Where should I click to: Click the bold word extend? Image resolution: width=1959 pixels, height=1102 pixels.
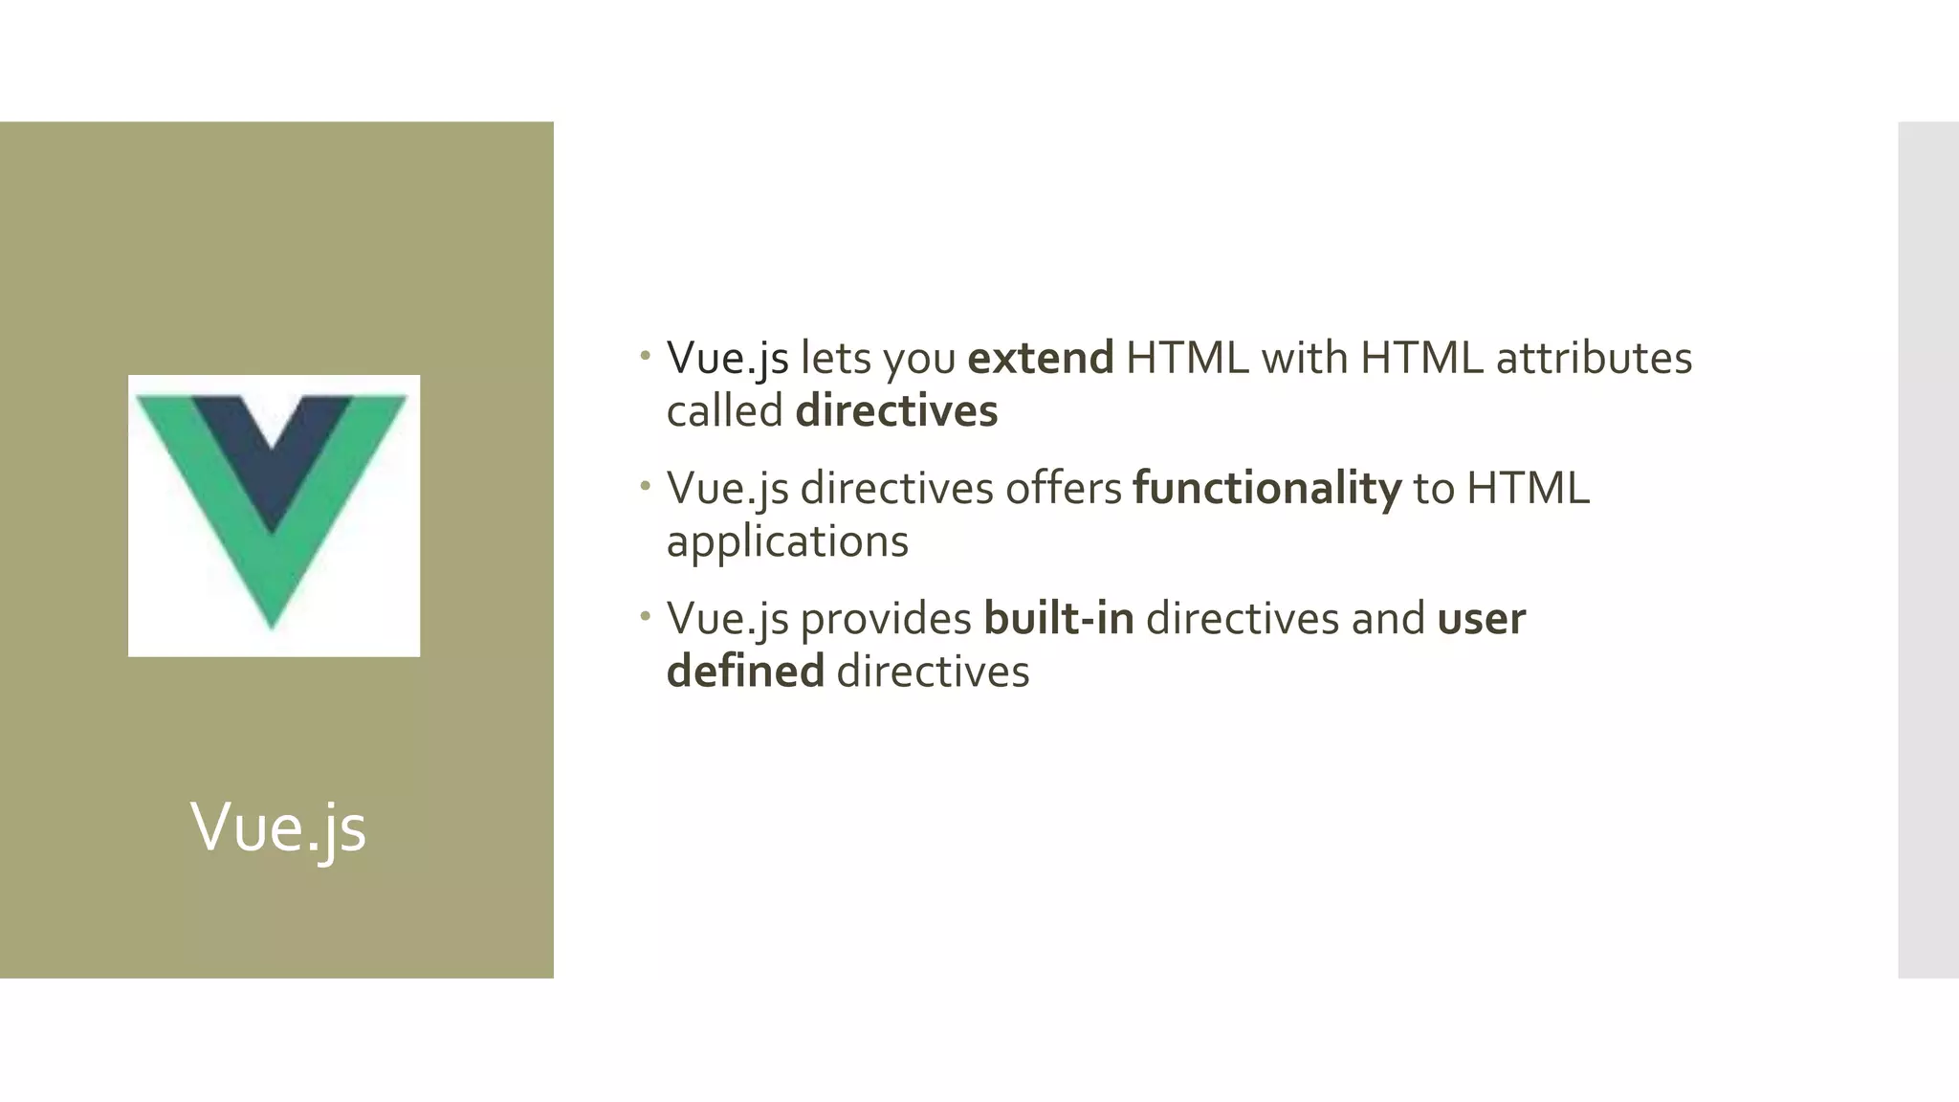(1041, 359)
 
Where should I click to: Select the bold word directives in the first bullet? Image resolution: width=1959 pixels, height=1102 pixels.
(896, 411)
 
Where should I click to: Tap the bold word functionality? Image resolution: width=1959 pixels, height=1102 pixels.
(1266, 489)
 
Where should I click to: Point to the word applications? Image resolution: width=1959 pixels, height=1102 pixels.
(787, 542)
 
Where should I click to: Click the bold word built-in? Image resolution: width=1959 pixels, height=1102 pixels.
(1058, 619)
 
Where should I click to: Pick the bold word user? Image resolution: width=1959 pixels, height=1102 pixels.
(1481, 619)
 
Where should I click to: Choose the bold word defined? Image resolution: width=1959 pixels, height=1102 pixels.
(745, 672)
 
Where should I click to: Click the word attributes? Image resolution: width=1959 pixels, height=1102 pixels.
(1594, 359)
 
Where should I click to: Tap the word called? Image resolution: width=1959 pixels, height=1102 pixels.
(724, 411)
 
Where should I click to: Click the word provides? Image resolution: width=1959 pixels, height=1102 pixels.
(886, 619)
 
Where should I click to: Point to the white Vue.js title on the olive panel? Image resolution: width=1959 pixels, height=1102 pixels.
(278, 827)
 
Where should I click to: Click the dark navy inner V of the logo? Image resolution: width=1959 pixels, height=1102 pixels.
(273, 450)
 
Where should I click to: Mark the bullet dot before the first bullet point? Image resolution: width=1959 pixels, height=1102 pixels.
(646, 357)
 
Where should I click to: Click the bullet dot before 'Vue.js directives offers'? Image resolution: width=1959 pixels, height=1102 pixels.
(646, 487)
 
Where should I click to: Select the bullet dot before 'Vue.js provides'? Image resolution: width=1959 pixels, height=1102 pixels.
(646, 617)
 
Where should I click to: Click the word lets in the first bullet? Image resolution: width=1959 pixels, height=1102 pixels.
(835, 359)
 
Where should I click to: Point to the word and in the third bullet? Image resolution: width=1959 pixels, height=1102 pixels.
(1387, 619)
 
